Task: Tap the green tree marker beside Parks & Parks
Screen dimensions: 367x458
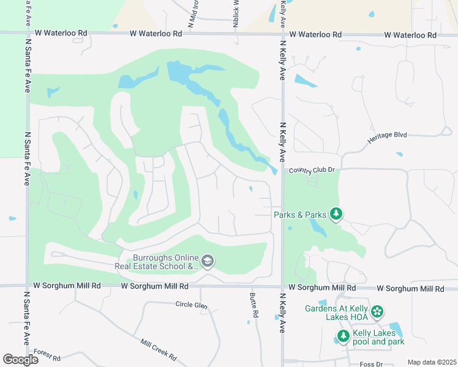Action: tap(336, 213)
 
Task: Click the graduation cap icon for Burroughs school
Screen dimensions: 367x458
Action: tap(208, 262)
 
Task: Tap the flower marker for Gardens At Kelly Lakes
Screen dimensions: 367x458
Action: tap(378, 312)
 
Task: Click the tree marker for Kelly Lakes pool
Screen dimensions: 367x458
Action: tap(343, 336)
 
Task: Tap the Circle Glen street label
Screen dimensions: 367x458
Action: tap(192, 305)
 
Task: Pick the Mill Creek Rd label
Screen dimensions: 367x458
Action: tap(158, 350)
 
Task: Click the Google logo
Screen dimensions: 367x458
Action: tap(20, 360)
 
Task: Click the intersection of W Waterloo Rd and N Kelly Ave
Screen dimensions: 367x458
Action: tap(282, 35)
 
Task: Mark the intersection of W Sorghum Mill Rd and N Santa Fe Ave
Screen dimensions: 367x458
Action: tap(28, 286)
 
